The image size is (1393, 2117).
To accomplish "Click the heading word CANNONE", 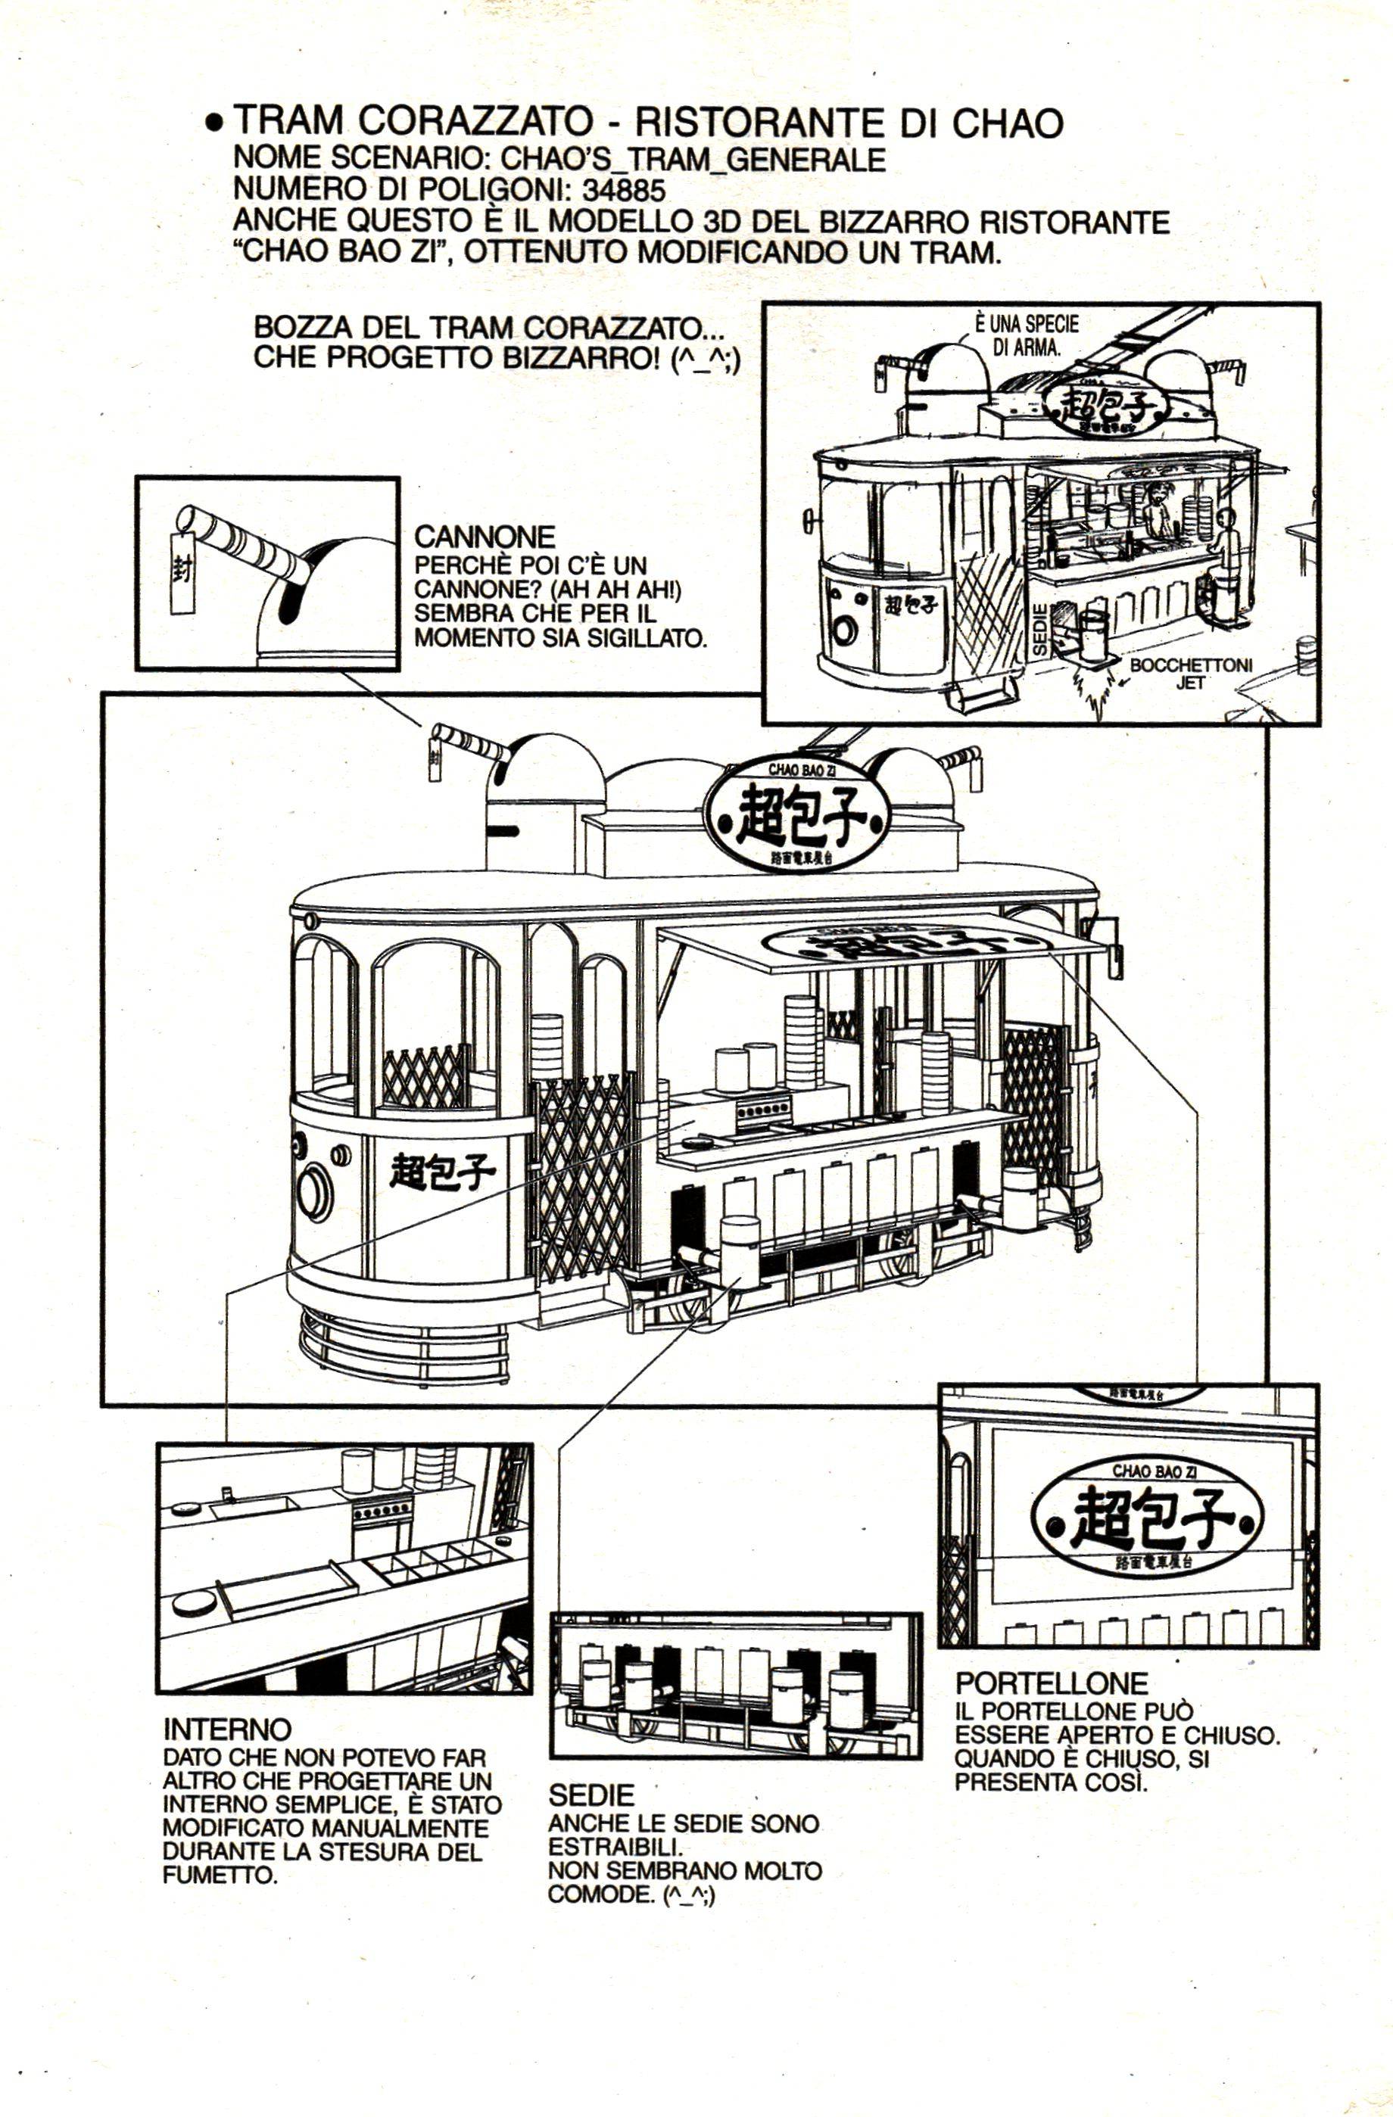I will [x=485, y=537].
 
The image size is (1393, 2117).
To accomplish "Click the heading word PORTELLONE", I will [x=1052, y=1683].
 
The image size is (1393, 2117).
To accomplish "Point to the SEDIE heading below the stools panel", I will [x=591, y=1794].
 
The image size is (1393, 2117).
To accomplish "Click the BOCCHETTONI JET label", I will [x=1190, y=674].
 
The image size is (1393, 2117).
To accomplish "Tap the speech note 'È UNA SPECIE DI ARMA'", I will [x=1027, y=335].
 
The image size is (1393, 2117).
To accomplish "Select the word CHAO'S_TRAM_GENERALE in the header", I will [x=693, y=159].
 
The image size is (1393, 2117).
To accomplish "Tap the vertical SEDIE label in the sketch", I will [x=1040, y=630].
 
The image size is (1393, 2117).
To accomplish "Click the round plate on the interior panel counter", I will [x=194, y=1602].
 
